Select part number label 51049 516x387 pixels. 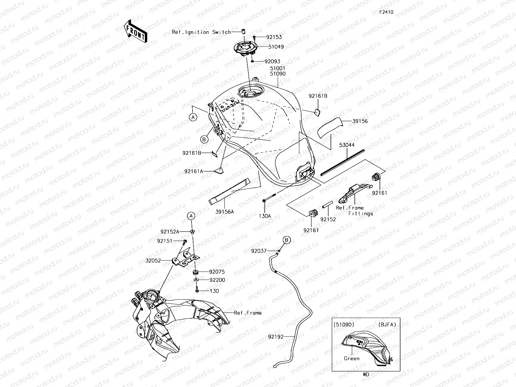[276, 47]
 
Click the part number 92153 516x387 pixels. [274, 37]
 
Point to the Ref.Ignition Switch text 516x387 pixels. [201, 32]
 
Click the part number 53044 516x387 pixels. [346, 145]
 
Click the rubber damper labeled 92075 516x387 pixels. [195, 271]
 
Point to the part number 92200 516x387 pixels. [217, 280]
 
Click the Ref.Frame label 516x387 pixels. [248, 313]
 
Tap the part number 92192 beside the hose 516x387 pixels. [275, 337]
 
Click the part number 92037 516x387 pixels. [259, 251]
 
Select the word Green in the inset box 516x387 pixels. [352, 358]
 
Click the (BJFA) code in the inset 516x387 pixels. [387, 325]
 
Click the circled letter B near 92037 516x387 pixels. [287, 240]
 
